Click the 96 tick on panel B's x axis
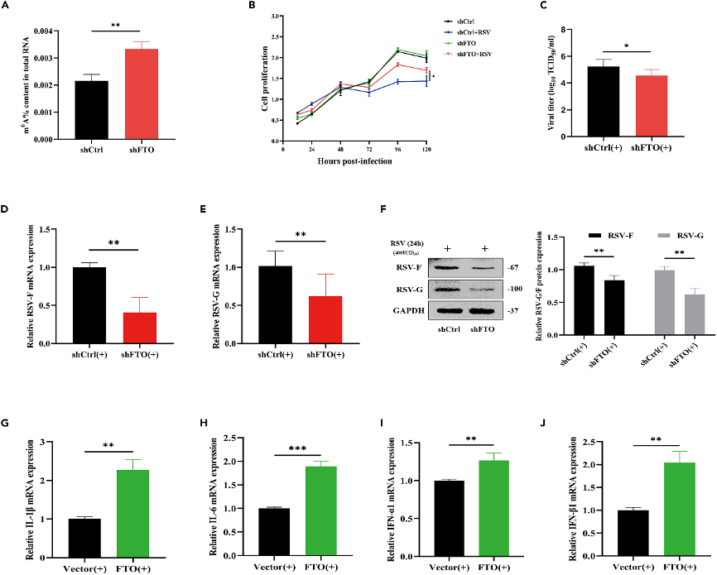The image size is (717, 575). [x=398, y=146]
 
